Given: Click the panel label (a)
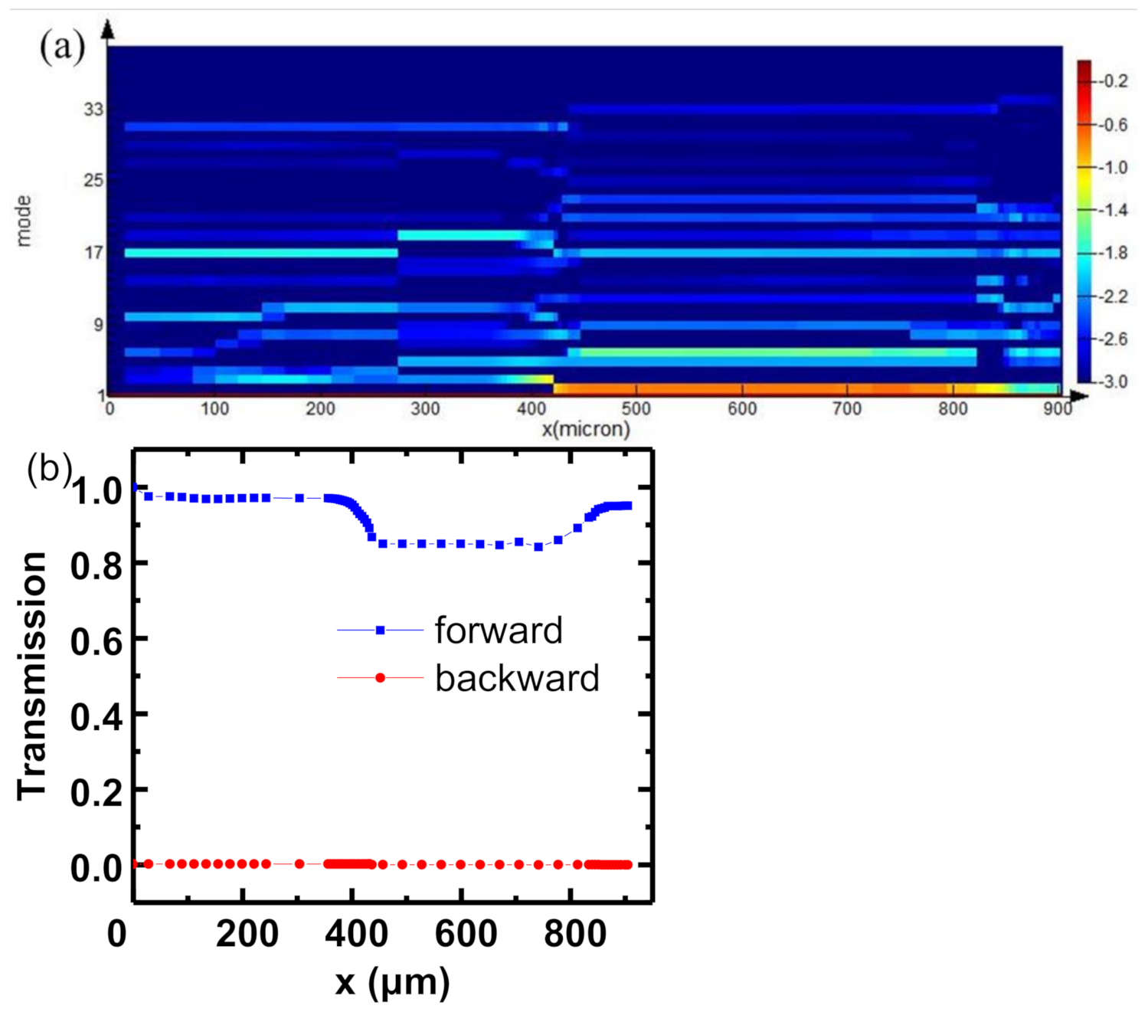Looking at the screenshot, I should tap(62, 47).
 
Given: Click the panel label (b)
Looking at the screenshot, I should tap(49, 468).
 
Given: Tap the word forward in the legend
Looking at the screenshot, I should tap(499, 630).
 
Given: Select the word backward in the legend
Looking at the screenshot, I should tap(517, 679).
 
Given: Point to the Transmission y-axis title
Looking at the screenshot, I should tap(33, 676).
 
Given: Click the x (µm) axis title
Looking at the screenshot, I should tap(392, 982).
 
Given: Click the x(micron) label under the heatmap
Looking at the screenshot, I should tap(586, 429).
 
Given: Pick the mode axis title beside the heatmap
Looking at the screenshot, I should tap(25, 221).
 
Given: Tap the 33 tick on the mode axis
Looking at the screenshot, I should tap(93, 110).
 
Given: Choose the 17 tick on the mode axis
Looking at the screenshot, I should tap(93, 252).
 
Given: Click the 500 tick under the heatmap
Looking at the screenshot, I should tap(636, 409).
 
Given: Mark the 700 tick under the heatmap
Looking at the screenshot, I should tap(847, 409).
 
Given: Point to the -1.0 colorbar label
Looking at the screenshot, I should tap(1112, 167).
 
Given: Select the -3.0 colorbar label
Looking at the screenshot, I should tap(1112, 381).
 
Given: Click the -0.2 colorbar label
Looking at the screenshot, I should tap(1112, 81).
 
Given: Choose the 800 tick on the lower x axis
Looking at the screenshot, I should tap(574, 935).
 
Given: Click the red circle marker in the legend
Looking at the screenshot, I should tap(380, 678).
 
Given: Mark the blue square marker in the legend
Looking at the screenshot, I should tap(380, 630).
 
